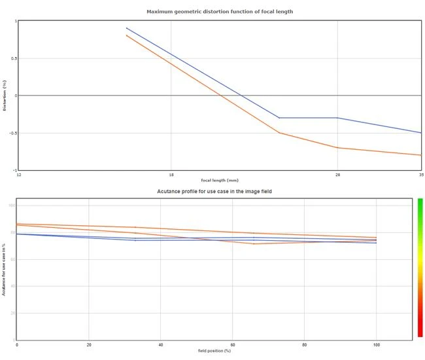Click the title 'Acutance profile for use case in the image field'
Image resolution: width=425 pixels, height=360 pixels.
point(214,192)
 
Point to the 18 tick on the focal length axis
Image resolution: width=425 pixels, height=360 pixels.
point(171,175)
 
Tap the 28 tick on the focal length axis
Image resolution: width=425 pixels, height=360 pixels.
point(337,175)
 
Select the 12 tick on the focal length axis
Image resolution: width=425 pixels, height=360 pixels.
point(18,175)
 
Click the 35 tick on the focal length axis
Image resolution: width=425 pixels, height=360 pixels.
point(421,175)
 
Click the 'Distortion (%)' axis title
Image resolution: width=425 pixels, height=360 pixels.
point(5,96)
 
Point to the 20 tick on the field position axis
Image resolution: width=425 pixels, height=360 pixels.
point(89,345)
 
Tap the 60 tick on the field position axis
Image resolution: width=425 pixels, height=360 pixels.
point(233,345)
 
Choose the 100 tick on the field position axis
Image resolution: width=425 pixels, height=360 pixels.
point(376,345)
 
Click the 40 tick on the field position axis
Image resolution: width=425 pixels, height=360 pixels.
point(161,345)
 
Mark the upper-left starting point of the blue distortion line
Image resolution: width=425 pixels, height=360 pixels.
point(126,28)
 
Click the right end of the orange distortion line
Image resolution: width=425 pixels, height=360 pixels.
point(421,155)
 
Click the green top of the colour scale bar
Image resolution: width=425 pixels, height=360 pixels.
point(420,202)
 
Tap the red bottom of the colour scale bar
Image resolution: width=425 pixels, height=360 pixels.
point(420,334)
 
